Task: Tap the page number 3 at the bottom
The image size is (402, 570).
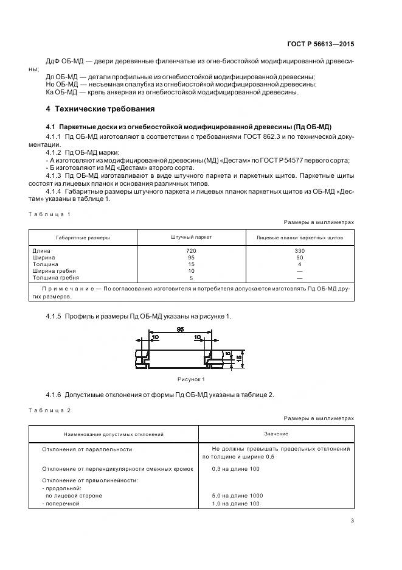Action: tap(352, 520)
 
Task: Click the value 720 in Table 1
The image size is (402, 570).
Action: tap(192, 251)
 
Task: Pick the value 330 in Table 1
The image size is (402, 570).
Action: tap(299, 251)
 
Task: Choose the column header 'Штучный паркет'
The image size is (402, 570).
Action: tap(192, 237)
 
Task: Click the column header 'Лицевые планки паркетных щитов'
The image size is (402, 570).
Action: tap(299, 237)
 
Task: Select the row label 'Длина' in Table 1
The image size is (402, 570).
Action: tap(43, 251)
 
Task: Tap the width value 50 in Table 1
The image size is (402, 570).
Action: tap(299, 258)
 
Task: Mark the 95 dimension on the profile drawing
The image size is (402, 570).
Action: tap(181, 329)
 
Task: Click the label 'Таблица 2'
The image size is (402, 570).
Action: tap(50, 410)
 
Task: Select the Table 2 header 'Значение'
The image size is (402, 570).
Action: tap(276, 434)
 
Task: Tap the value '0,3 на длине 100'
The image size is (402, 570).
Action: tap(235, 469)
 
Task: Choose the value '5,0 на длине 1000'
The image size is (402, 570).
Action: tap(237, 496)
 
